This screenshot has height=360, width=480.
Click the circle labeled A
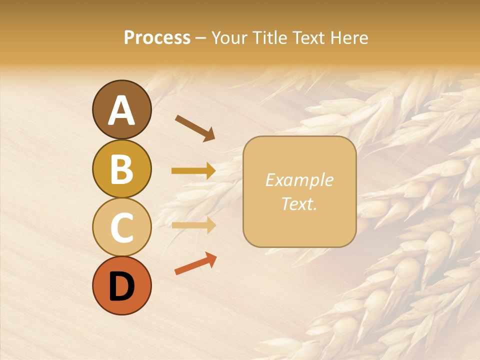click(121, 109)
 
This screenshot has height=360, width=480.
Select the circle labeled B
click(121, 168)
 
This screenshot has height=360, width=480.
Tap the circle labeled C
click(121, 227)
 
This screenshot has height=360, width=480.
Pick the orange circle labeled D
click(121, 285)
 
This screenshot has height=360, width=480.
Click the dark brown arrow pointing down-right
click(195, 128)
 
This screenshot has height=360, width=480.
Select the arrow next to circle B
click(193, 171)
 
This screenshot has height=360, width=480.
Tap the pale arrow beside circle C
click(193, 225)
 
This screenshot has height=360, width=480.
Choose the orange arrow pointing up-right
click(195, 263)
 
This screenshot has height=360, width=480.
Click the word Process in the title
click(157, 37)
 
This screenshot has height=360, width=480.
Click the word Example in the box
click(299, 180)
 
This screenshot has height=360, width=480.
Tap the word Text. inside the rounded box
click(299, 203)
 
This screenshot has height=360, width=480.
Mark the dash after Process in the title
click(200, 38)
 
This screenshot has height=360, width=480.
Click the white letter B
click(121, 169)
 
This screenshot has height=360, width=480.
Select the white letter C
click(121, 228)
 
